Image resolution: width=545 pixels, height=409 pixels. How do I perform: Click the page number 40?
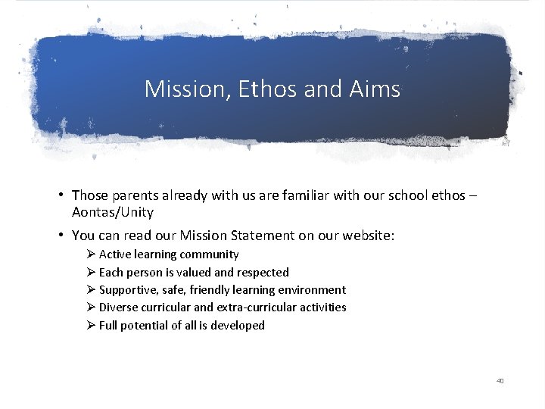(500, 380)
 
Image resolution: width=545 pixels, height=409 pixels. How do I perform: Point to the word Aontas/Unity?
(113, 212)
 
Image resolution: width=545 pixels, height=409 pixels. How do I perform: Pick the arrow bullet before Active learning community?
(91, 254)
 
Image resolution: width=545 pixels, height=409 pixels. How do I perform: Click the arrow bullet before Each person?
(91, 272)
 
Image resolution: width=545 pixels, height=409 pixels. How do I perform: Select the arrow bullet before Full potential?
(91, 325)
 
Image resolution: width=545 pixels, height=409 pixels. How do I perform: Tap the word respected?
(263, 272)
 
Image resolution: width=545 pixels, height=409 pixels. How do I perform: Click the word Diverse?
(119, 308)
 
